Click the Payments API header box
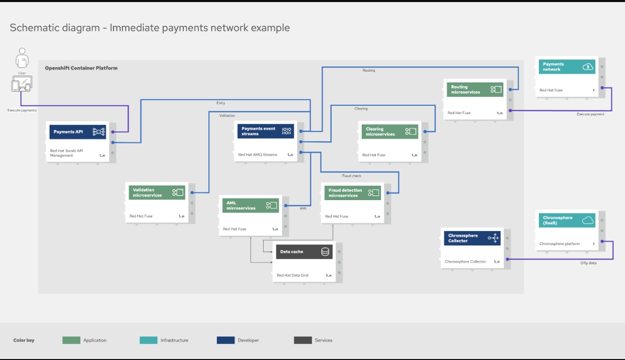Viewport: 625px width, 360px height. coord(77,132)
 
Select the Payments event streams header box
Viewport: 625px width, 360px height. coord(265,131)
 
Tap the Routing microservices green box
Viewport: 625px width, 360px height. coord(473,90)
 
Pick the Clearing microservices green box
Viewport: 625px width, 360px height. coord(389,132)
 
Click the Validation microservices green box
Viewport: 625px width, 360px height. coord(157,193)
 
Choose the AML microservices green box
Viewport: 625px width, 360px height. coord(250,205)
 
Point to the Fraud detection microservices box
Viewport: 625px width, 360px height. coord(353,193)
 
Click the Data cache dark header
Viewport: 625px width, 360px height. coord(304,252)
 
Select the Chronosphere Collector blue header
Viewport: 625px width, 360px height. coord(472,238)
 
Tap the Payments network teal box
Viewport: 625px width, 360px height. coord(567,67)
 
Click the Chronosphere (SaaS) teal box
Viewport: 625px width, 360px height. coord(567,220)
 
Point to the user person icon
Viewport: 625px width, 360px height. coord(22,58)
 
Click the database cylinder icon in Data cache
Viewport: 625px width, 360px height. coord(325,252)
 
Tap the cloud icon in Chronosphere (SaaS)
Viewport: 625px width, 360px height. coord(587,220)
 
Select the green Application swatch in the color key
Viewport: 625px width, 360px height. coord(71,340)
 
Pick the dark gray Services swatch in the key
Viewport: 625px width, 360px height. coord(303,340)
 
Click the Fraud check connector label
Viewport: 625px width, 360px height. coord(351,176)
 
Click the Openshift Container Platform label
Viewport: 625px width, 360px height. coord(81,68)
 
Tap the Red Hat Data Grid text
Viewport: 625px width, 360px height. coord(292,275)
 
